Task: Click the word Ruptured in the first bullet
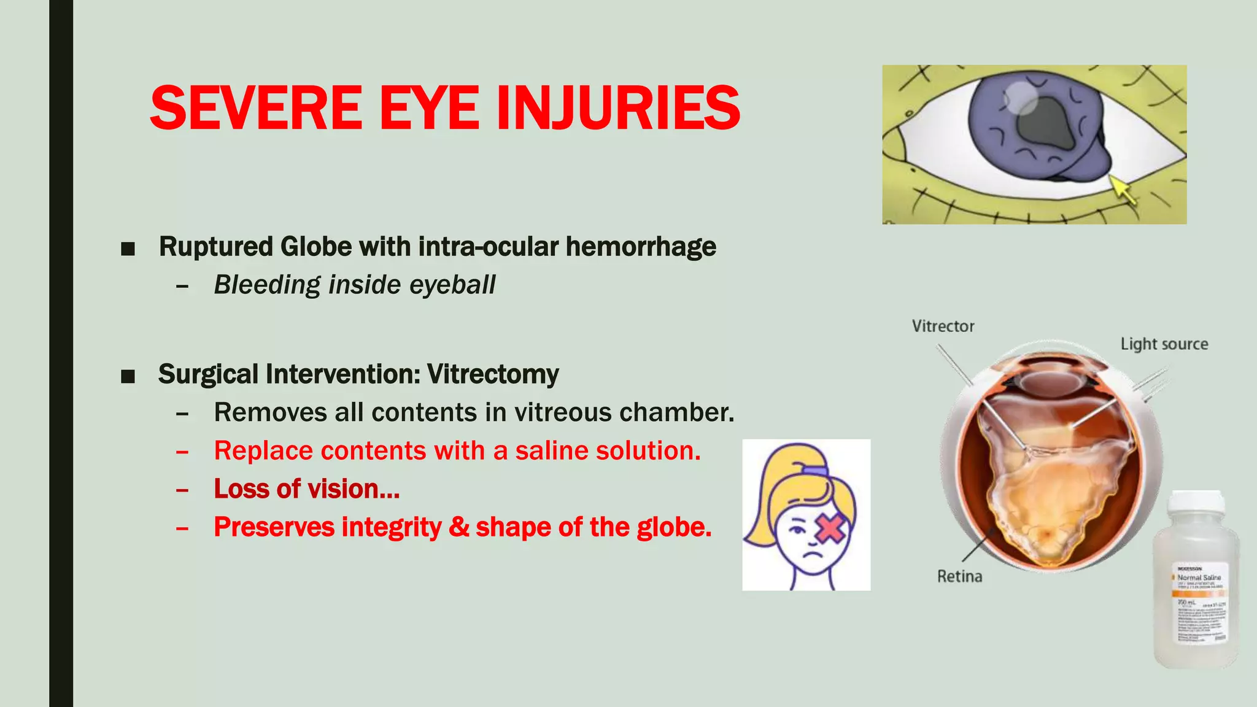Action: click(x=215, y=247)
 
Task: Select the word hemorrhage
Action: click(x=641, y=247)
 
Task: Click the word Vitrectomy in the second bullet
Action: click(x=493, y=374)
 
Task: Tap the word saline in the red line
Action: click(x=550, y=451)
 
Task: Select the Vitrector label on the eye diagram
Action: click(x=943, y=326)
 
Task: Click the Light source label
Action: click(x=1164, y=344)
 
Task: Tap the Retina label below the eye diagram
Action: click(x=959, y=576)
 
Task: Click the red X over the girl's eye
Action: click(x=830, y=528)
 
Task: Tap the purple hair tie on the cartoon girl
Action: click(x=815, y=471)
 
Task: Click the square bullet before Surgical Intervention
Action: click(x=128, y=376)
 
